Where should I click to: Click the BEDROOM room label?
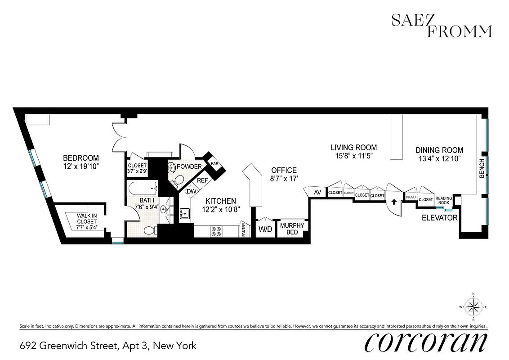[x=80, y=158]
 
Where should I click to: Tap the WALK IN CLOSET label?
[x=87, y=218]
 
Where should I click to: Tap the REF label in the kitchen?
[x=202, y=180]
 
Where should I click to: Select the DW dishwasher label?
[x=191, y=191]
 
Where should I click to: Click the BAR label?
[x=214, y=164]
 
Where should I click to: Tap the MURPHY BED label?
[x=292, y=229]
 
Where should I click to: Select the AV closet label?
[x=317, y=192]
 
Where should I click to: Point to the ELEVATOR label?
[x=439, y=218]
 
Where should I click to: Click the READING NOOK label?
[x=444, y=200]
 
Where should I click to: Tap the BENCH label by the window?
[x=482, y=168]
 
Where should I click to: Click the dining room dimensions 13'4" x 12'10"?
[x=439, y=158]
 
